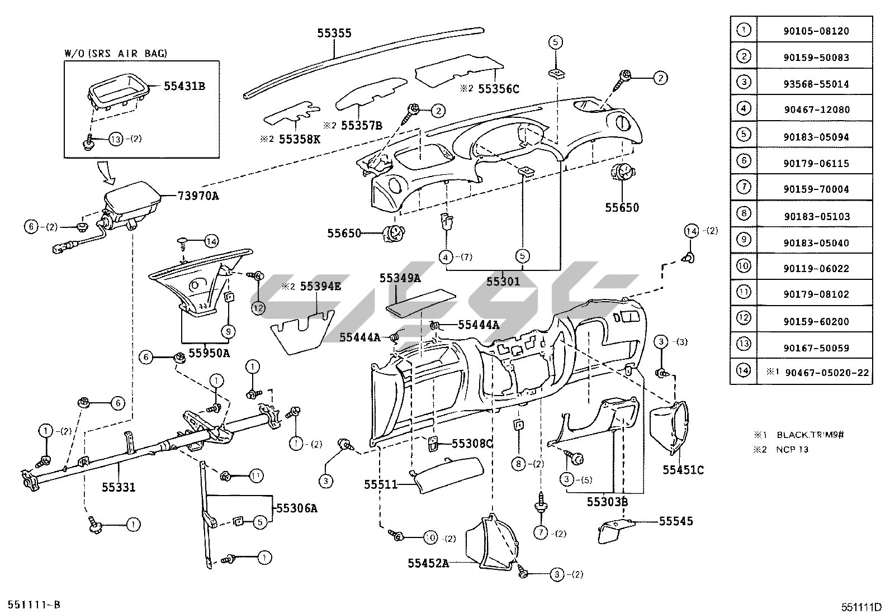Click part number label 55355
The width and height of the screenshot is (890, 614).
pyautogui.click(x=334, y=33)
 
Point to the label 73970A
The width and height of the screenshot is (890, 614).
pyautogui.click(x=198, y=196)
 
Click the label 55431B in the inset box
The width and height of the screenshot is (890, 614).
pyautogui.click(x=184, y=86)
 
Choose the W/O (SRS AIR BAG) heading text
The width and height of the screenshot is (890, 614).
pyautogui.click(x=116, y=54)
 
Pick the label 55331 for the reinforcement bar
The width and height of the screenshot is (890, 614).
pyautogui.click(x=119, y=487)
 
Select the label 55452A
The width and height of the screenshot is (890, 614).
pyautogui.click(x=428, y=563)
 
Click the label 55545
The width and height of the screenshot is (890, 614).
pyautogui.click(x=676, y=521)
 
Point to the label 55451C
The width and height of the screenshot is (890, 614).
pyautogui.click(x=683, y=470)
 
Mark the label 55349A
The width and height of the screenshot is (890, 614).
pyautogui.click(x=400, y=278)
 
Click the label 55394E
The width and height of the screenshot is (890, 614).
pyautogui.click(x=320, y=287)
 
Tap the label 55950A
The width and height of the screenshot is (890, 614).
pyautogui.click(x=209, y=353)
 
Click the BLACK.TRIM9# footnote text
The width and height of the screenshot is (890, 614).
pyautogui.click(x=804, y=435)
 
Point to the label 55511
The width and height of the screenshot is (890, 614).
pyautogui.click(x=381, y=484)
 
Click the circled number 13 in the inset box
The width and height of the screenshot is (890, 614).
pyautogui.click(x=115, y=139)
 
